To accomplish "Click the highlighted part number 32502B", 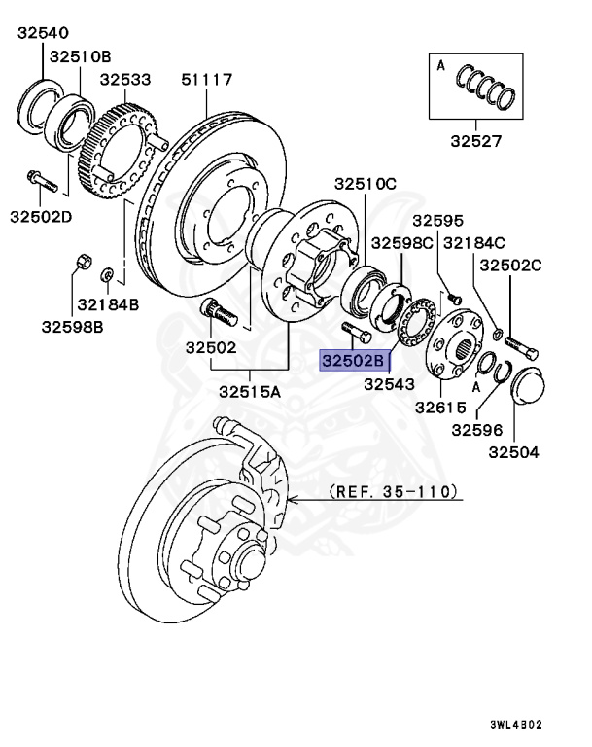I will pyautogui.click(x=355, y=361).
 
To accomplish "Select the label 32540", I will pyautogui.click(x=42, y=33).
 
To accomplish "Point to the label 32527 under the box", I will pyautogui.click(x=475, y=141).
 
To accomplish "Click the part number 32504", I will pyautogui.click(x=513, y=451).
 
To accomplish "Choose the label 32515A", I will pyautogui.click(x=250, y=392).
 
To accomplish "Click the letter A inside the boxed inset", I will pyautogui.click(x=441, y=65).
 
